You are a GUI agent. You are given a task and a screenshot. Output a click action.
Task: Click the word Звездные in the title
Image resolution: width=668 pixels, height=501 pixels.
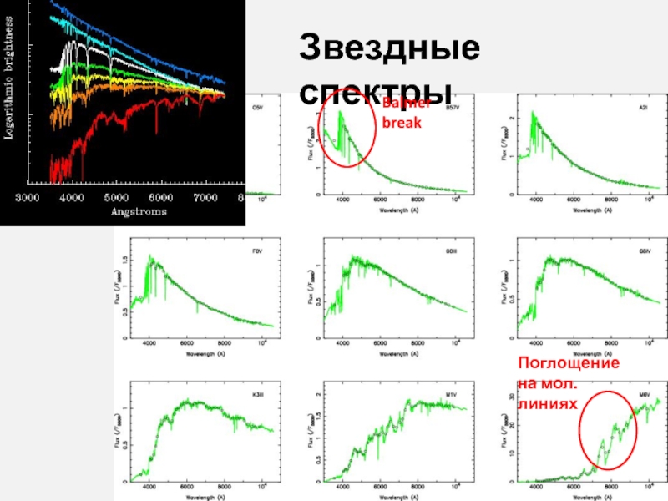[390, 47]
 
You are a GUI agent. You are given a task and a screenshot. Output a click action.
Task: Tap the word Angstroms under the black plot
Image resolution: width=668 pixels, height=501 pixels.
[139, 211]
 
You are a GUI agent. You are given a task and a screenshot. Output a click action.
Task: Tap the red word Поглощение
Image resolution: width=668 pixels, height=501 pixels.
[568, 364]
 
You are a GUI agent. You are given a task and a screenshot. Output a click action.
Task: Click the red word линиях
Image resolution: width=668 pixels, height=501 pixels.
[547, 402]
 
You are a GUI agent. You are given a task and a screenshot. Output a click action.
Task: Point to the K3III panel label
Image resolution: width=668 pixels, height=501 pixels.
[258, 392]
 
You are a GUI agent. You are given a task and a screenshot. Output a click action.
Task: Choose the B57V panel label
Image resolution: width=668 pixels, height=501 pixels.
[453, 108]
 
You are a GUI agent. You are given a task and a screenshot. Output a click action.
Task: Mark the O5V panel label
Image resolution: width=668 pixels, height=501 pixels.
[258, 108]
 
